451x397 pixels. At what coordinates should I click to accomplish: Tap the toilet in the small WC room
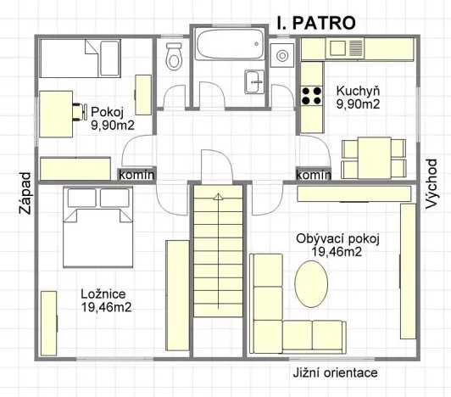point(174,56)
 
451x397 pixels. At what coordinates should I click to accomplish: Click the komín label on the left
point(136,174)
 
